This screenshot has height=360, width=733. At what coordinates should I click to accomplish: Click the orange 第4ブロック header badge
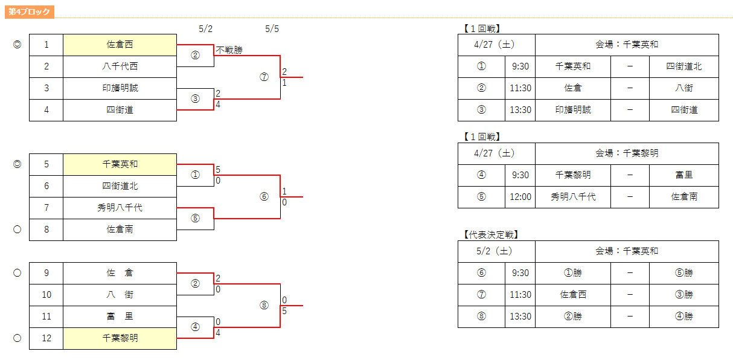click(x=30, y=12)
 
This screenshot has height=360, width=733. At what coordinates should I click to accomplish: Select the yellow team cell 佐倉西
click(x=120, y=45)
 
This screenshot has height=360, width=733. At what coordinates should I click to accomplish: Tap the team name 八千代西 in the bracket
click(x=120, y=66)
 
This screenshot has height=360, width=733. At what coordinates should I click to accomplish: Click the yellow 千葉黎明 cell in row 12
click(x=120, y=338)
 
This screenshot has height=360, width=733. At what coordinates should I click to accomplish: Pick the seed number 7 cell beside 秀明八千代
click(x=46, y=208)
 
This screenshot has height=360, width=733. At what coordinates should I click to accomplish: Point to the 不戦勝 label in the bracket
click(x=229, y=50)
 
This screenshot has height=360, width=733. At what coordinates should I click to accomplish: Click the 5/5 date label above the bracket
click(x=272, y=29)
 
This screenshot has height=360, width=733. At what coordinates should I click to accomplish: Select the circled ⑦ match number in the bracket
click(x=264, y=77)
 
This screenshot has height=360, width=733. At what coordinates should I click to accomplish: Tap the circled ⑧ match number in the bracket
click(x=264, y=306)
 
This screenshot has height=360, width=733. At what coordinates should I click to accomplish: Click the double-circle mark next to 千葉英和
click(x=18, y=164)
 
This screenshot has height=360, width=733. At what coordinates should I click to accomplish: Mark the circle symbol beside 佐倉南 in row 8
click(x=18, y=230)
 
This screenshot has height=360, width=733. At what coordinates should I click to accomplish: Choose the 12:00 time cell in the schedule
click(x=520, y=197)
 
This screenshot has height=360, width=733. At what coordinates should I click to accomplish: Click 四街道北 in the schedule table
click(x=684, y=66)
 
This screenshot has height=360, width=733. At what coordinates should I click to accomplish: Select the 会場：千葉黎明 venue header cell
click(x=627, y=153)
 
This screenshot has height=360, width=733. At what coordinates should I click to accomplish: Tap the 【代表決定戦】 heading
click(x=491, y=234)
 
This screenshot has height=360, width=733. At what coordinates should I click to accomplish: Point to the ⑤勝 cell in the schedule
click(x=684, y=273)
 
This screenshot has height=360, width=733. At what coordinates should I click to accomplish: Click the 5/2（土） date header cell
click(x=496, y=251)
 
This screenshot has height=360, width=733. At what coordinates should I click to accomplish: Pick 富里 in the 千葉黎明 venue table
click(x=684, y=175)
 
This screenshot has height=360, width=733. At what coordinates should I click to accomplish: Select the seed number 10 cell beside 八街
click(x=46, y=295)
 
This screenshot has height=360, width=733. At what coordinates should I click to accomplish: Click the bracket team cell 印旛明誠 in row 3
click(x=120, y=88)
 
